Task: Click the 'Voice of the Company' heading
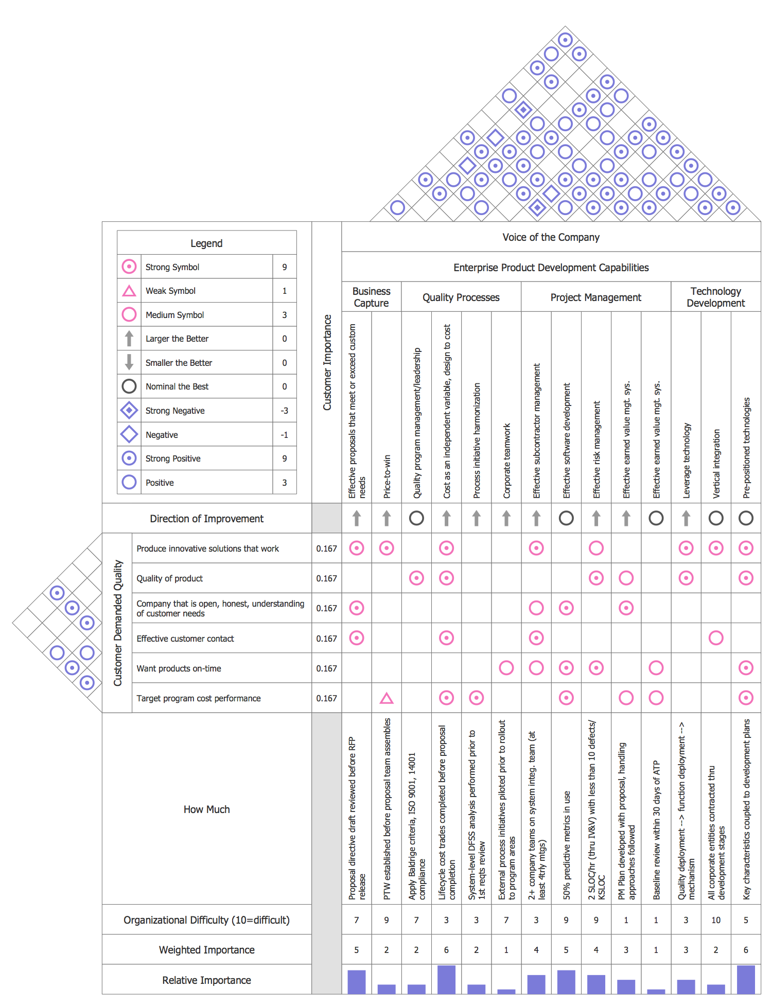click(551, 237)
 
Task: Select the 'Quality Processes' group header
click(461, 297)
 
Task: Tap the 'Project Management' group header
click(595, 297)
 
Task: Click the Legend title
click(206, 243)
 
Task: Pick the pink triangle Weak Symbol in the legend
click(129, 291)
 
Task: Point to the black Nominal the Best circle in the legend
click(129, 386)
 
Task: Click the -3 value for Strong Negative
click(284, 411)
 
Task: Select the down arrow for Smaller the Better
click(129, 362)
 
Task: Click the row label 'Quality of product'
click(170, 578)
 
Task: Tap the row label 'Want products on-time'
click(179, 668)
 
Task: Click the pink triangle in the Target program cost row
click(387, 698)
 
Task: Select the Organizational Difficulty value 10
click(716, 920)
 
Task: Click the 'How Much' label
click(206, 809)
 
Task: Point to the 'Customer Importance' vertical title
click(327, 362)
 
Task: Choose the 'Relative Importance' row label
click(206, 980)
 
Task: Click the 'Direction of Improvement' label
click(206, 519)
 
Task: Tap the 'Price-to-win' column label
click(387, 476)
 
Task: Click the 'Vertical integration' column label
click(716, 464)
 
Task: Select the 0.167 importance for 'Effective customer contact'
click(327, 639)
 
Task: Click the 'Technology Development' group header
click(715, 297)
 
